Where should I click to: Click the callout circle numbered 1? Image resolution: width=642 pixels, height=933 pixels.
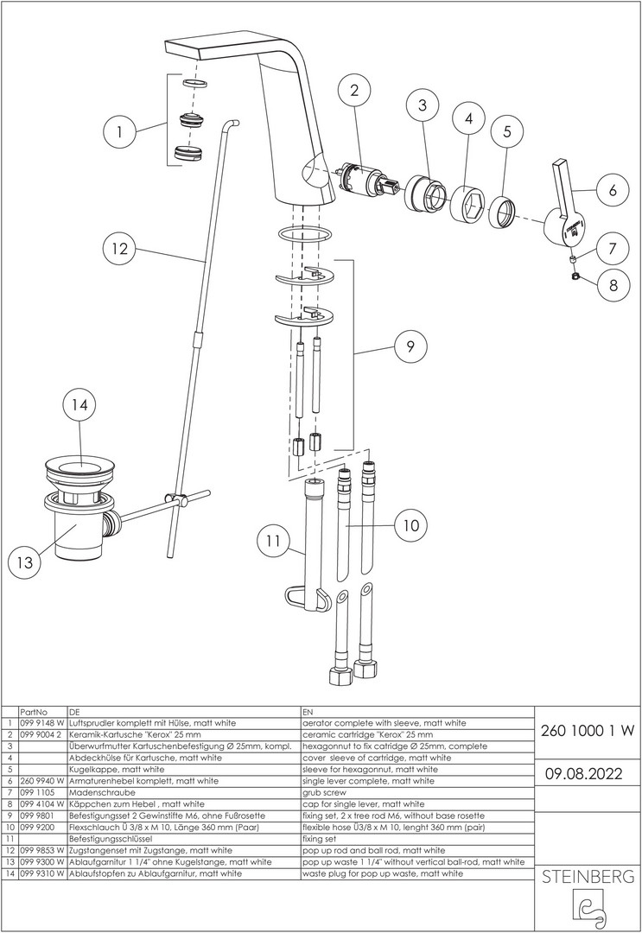(x=119, y=133)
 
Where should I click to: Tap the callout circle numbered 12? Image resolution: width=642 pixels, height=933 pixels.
(x=119, y=249)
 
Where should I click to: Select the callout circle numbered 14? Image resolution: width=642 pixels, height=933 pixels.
(x=80, y=404)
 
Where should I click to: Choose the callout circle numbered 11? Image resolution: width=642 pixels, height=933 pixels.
(x=273, y=542)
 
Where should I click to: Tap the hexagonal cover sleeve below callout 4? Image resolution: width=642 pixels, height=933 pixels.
(x=468, y=204)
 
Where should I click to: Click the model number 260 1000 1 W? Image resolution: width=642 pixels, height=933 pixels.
(x=587, y=729)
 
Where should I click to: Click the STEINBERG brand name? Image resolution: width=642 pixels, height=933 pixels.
(x=587, y=878)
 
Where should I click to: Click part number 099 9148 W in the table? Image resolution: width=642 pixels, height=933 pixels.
(x=41, y=722)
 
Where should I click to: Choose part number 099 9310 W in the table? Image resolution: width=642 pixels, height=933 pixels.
(x=41, y=873)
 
